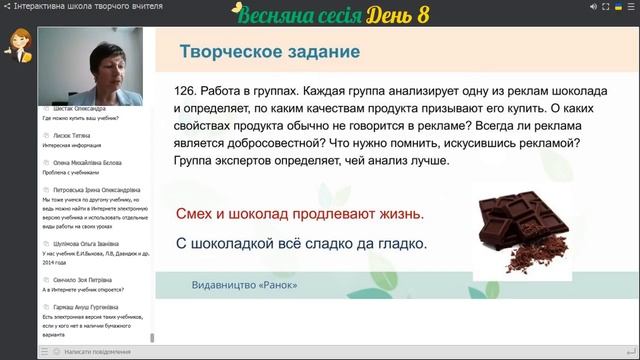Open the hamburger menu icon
pos(630,6)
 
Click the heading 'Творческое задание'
pos(269,52)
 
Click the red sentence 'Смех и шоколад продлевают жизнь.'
pos(299,214)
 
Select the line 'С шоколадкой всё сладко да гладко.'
pos(301,243)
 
